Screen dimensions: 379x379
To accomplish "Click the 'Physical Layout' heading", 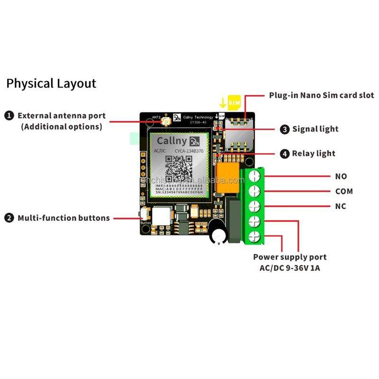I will click(x=51, y=84).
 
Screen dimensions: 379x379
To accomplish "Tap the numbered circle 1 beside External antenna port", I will click(x=9, y=116).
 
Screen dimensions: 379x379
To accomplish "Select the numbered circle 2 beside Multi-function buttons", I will click(x=9, y=218).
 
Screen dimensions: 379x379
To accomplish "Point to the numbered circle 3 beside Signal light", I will click(x=284, y=129).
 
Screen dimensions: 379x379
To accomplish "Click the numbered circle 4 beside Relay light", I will click(x=284, y=153).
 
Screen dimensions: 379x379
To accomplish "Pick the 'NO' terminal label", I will click(x=341, y=176).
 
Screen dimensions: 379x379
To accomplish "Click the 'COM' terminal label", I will click(x=344, y=191).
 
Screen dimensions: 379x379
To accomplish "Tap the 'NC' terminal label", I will click(x=341, y=206).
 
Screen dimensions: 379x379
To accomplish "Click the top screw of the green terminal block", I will click(x=255, y=176).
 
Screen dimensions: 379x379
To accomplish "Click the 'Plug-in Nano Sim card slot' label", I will click(x=322, y=95).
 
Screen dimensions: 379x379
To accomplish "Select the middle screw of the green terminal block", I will click(x=255, y=206).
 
